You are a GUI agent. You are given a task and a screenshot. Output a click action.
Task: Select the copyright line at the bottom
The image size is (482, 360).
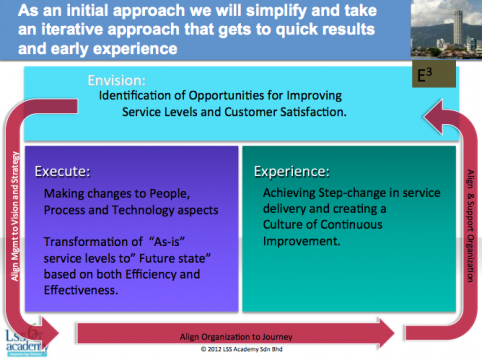click(x=242, y=350)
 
